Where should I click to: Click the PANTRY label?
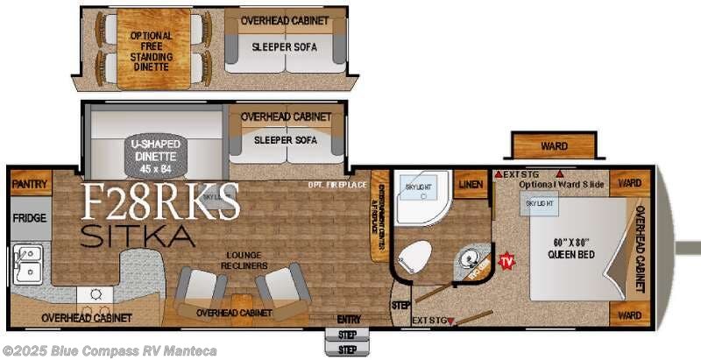(30, 184)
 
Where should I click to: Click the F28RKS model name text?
(161, 202)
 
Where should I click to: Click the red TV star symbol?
(506, 260)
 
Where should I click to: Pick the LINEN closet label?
(471, 183)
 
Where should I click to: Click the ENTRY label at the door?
(348, 318)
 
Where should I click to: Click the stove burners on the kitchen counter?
(91, 295)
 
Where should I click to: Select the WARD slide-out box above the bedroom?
(554, 146)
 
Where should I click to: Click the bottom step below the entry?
(348, 349)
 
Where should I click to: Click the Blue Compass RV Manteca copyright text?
(109, 350)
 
